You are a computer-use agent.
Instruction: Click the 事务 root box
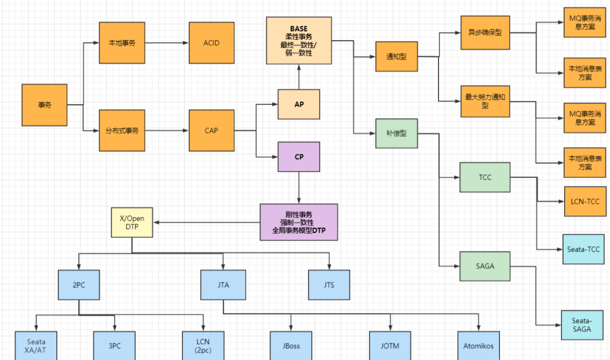[44, 105]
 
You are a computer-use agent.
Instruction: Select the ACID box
[212, 43]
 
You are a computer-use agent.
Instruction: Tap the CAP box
[212, 131]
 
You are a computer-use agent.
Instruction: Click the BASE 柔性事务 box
[299, 41]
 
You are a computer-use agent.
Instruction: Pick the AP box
[299, 104]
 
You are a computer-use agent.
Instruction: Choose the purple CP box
[299, 157]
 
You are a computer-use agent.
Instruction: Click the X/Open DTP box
[132, 222]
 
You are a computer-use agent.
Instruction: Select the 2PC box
[79, 285]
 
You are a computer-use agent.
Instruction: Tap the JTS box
[329, 285]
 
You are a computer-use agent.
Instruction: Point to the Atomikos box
[479, 345]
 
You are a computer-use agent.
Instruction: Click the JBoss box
[291, 345]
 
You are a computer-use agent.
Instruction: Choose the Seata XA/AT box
[36, 345]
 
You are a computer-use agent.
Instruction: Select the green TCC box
[485, 177]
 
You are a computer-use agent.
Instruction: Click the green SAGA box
[485, 266]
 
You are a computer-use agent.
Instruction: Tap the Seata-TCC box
[583, 249]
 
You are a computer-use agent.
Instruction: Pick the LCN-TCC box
[585, 202]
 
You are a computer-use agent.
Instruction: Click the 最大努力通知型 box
[485, 102]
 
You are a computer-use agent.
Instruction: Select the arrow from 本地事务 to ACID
[167, 43]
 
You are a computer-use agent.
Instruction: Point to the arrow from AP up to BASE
[299, 77]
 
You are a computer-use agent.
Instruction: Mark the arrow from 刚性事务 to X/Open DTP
[206, 222]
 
